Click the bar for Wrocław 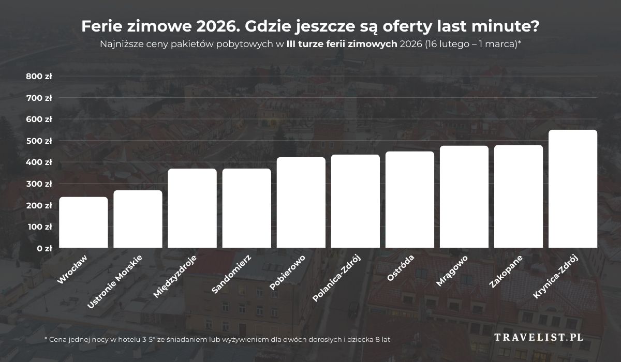click(83, 222)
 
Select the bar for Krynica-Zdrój click(573, 189)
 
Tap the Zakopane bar click(519, 197)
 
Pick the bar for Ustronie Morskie click(138, 219)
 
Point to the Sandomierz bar click(246, 208)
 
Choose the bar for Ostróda click(410, 200)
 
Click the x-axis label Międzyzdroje click(175, 277)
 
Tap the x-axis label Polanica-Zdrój click(336, 278)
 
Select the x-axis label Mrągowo click(452, 270)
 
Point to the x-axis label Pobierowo click(287, 273)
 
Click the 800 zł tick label click(39, 77)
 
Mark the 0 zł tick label click(45, 248)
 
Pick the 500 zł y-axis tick click(39, 141)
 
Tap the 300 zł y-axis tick click(39, 184)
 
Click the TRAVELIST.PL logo click(539, 337)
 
